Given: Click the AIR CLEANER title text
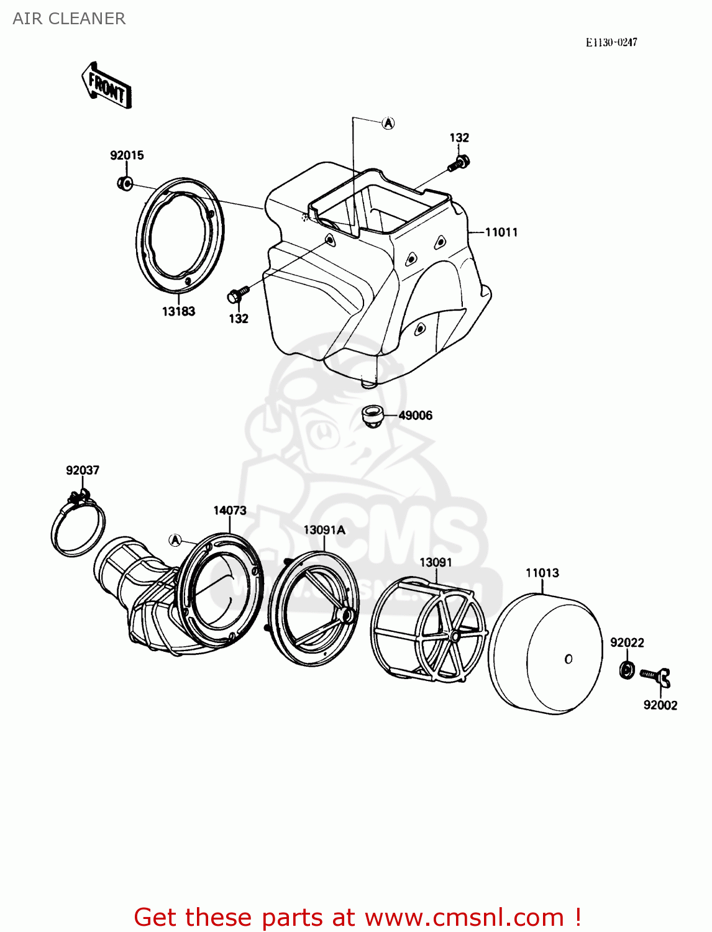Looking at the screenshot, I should pyautogui.click(x=69, y=19).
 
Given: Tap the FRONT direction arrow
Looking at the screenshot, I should pyautogui.click(x=106, y=86).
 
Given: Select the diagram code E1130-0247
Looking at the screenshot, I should pyautogui.click(x=611, y=42).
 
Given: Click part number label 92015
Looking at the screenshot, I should pyautogui.click(x=127, y=155).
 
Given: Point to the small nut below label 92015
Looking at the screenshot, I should pyautogui.click(x=125, y=183).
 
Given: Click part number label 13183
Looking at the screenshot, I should pyautogui.click(x=178, y=311).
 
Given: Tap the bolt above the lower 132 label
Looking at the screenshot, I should pyautogui.click(x=238, y=295).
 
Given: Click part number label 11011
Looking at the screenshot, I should pyautogui.click(x=501, y=232).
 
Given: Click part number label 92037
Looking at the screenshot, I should pyautogui.click(x=83, y=470).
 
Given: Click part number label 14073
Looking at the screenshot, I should pyautogui.click(x=230, y=510).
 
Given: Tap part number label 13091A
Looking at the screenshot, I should pyautogui.click(x=324, y=530).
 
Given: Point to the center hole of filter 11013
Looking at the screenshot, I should pyautogui.click(x=568, y=659).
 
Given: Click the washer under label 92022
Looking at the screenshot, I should pyautogui.click(x=628, y=670).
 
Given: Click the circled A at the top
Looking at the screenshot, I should pyautogui.click(x=388, y=123).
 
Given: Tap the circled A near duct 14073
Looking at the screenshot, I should pyautogui.click(x=175, y=540).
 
